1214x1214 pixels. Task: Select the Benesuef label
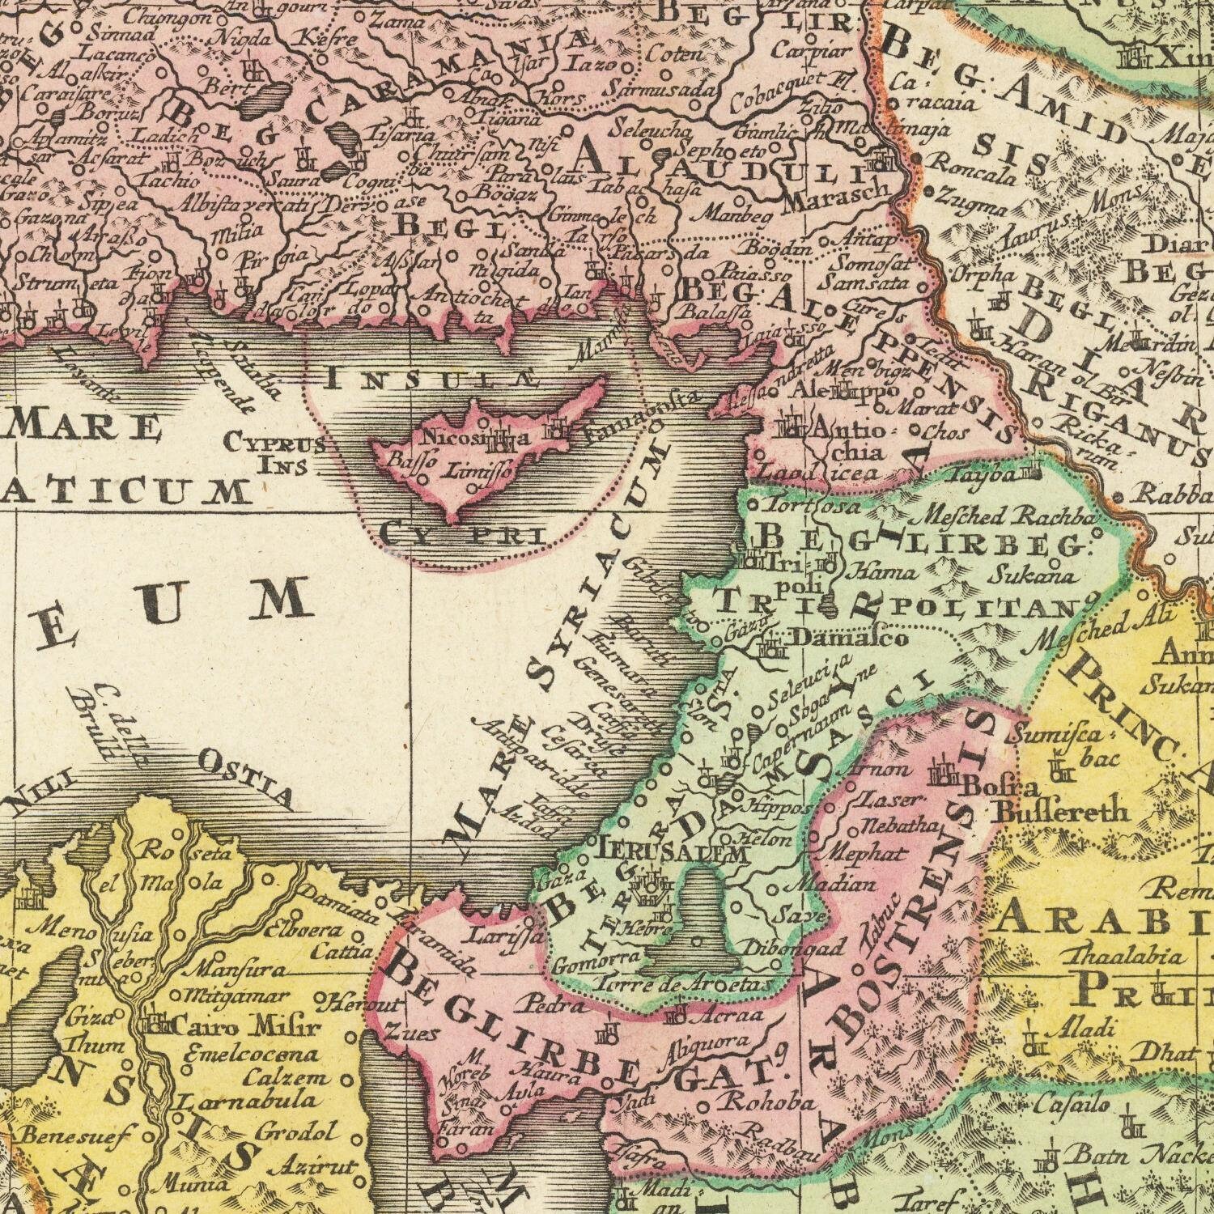[74, 1135]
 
